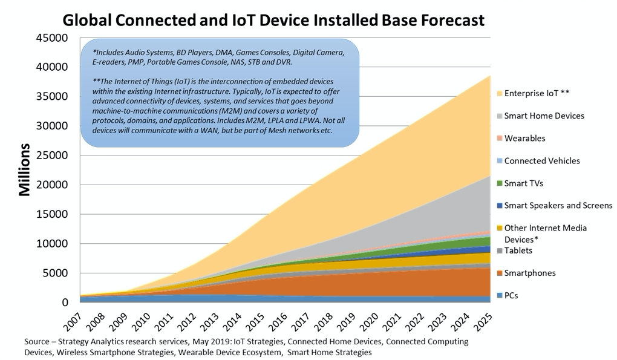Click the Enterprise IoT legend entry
[533, 93]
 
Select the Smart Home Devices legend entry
[541, 116]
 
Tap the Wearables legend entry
[521, 138]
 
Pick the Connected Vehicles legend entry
[538, 160]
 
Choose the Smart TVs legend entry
[520, 183]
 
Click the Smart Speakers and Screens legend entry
[555, 205]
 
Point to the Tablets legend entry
[515, 250]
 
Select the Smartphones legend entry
[526, 273]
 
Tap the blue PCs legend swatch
[500, 295]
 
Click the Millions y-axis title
[24, 169]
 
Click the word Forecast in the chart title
[452, 20]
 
